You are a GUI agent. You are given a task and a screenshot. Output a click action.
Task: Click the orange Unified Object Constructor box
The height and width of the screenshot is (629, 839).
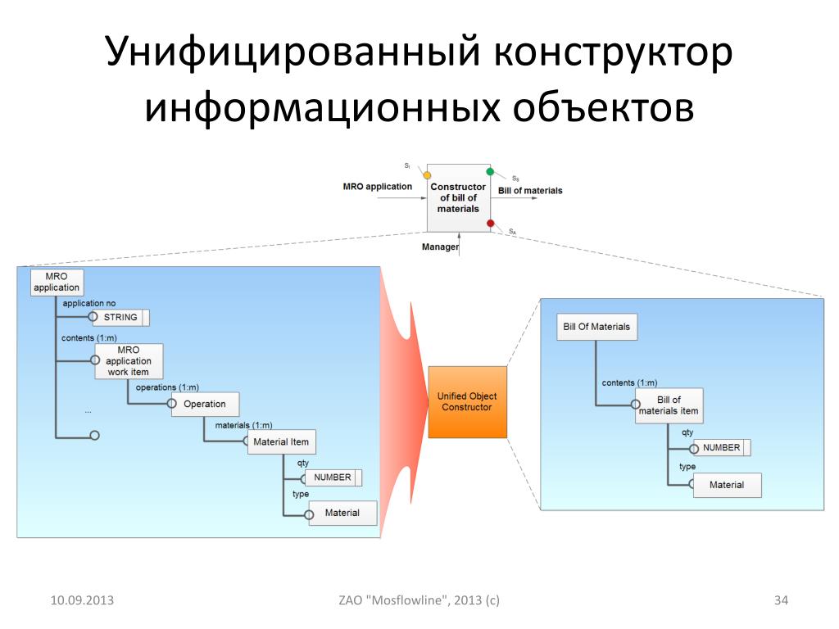click(x=467, y=402)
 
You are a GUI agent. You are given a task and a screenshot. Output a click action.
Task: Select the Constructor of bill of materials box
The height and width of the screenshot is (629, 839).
click(x=458, y=198)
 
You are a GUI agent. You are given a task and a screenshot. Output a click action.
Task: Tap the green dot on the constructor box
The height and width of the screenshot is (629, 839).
click(x=490, y=171)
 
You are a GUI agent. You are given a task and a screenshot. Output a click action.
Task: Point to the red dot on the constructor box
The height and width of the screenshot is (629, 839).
click(x=490, y=224)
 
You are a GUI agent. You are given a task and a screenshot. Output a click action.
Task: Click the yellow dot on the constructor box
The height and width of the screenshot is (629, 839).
click(x=427, y=175)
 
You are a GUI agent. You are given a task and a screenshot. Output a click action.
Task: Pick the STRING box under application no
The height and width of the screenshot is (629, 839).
click(x=120, y=317)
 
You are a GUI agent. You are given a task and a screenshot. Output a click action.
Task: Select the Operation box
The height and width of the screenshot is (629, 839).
click(x=205, y=404)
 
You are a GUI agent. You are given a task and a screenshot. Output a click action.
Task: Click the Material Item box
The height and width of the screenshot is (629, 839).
click(x=281, y=442)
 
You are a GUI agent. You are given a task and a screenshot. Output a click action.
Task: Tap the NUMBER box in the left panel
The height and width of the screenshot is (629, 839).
click(x=333, y=477)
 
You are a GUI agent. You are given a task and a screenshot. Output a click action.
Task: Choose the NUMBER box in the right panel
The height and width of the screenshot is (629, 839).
click(x=722, y=448)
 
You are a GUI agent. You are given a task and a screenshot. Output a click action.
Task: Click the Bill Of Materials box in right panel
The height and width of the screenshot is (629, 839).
click(x=596, y=327)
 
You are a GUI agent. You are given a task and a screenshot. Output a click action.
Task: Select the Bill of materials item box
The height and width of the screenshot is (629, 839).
click(x=669, y=405)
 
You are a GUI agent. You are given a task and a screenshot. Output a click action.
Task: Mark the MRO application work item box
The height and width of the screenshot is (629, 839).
click(x=129, y=361)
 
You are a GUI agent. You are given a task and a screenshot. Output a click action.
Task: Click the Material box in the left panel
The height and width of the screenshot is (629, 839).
click(x=342, y=513)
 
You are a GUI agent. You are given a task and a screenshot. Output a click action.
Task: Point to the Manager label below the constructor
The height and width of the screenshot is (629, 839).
click(x=440, y=247)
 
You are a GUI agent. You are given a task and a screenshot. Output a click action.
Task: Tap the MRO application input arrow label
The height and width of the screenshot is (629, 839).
click(x=377, y=187)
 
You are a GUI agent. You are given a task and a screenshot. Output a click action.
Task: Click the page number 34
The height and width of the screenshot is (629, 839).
click(x=781, y=601)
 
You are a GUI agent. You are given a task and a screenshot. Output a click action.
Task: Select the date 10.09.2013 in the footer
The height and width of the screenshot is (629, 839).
click(x=82, y=601)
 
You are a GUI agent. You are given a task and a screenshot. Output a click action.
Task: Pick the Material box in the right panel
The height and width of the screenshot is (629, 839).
click(x=727, y=485)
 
